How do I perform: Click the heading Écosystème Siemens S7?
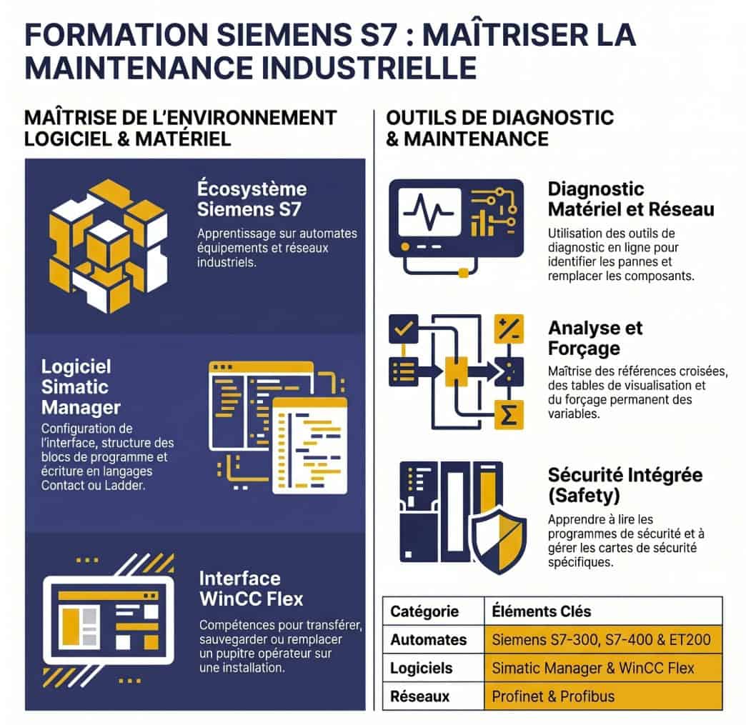pos(252,199)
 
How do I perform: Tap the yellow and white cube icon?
pos(109,246)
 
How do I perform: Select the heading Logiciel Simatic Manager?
pos(81,386)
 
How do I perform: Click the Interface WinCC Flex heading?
pos(252,589)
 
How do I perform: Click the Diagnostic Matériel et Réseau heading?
pos(631,199)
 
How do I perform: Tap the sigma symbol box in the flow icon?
pos(509,415)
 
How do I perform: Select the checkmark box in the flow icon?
pos(404,329)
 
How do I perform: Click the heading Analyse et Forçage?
pos(595,338)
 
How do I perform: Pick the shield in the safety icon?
pos(499,539)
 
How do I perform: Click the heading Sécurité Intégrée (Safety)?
pos(625,485)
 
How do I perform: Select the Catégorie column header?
pos(424,611)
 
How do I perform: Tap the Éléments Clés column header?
pos(542,611)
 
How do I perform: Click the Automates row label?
pos(428,640)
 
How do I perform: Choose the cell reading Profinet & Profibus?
pos(553,696)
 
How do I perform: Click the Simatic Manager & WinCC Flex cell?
pos(593,668)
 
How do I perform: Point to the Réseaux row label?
pos(419,696)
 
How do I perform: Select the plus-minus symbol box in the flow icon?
pos(509,329)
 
